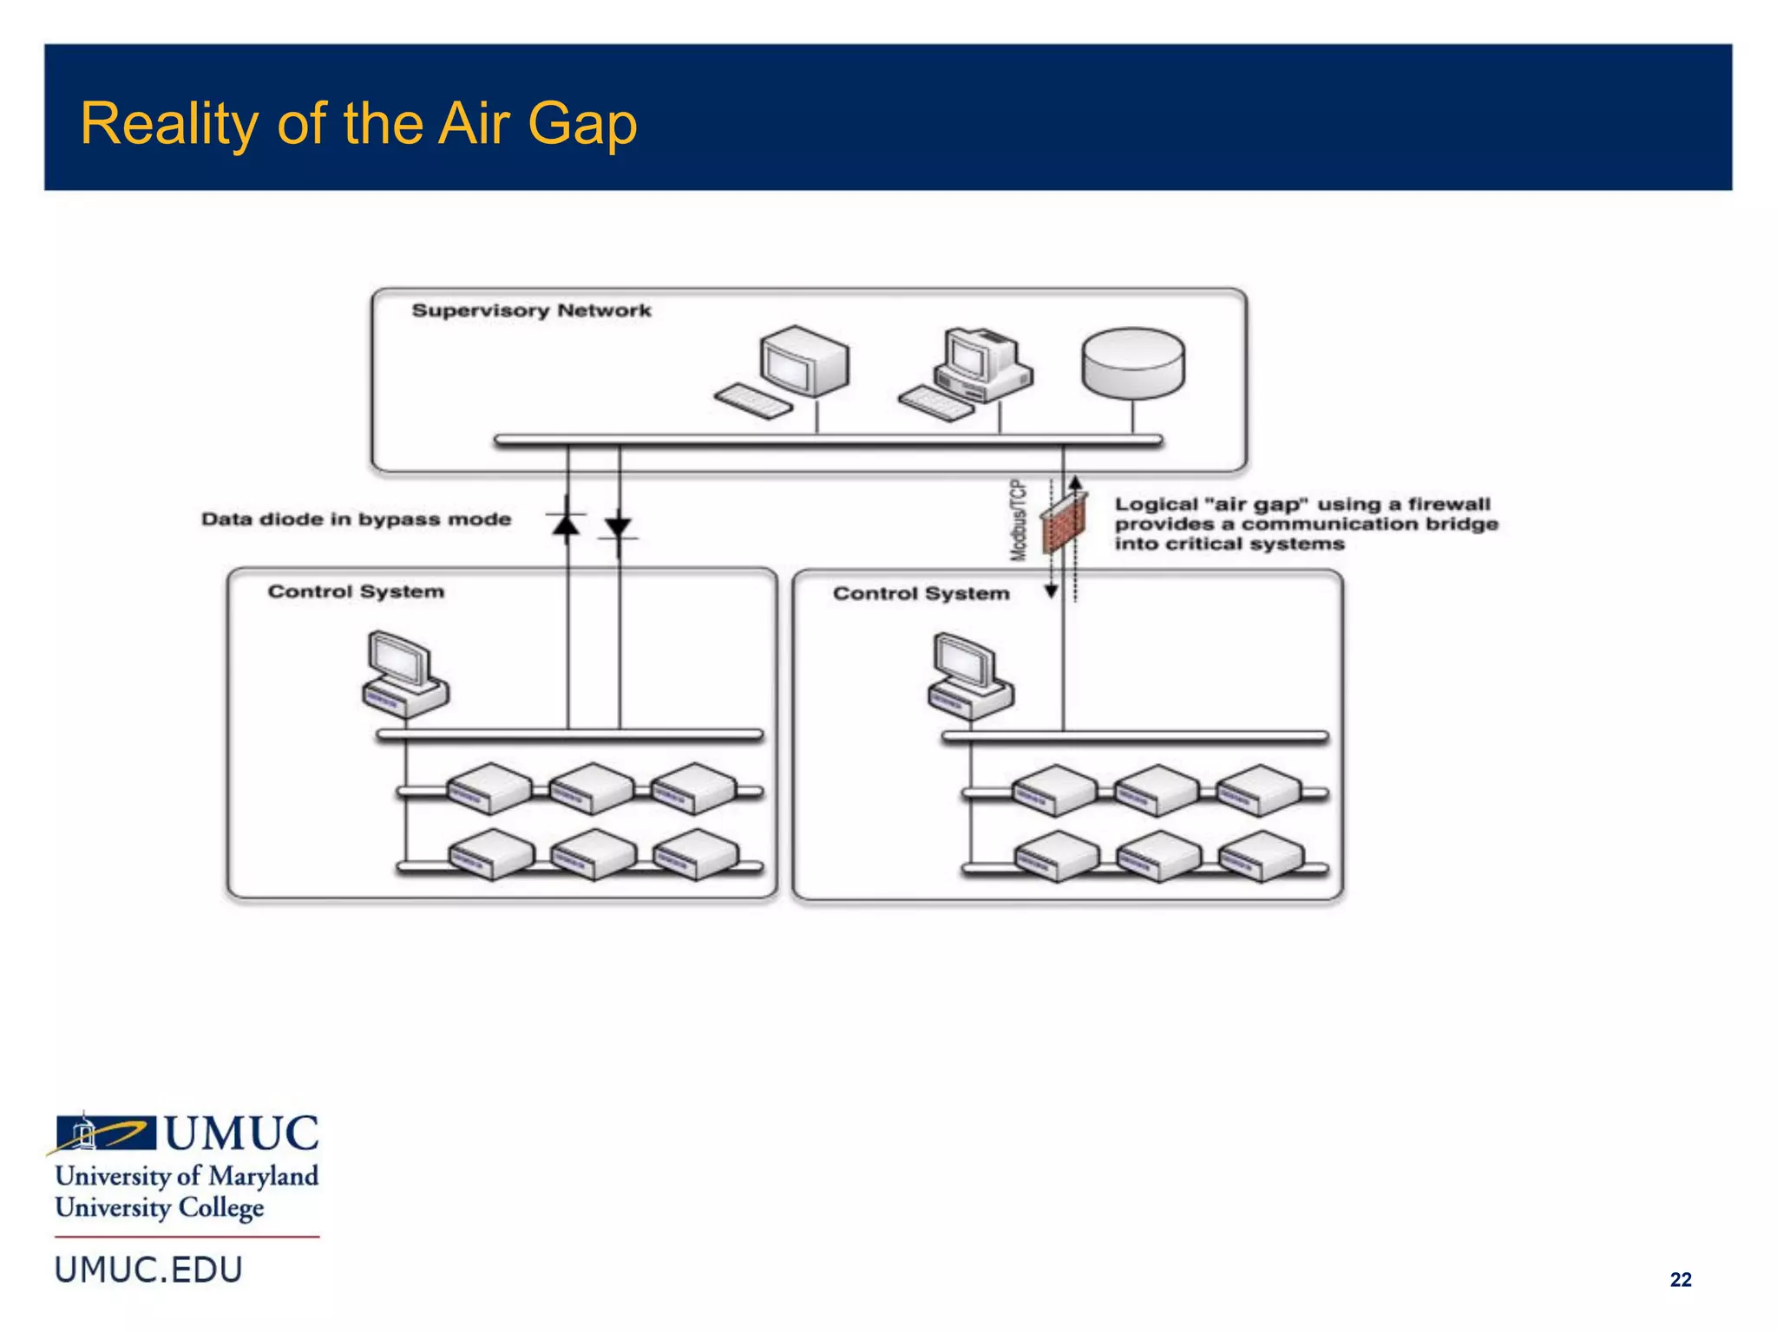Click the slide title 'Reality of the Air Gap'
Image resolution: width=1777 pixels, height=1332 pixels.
click(x=358, y=123)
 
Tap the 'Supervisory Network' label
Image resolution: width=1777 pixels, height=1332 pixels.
click(x=531, y=310)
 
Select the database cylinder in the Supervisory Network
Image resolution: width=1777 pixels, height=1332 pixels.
click(x=1132, y=363)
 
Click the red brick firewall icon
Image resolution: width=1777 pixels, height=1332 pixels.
click(x=1064, y=522)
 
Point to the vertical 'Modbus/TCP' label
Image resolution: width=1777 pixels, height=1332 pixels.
click(x=1019, y=520)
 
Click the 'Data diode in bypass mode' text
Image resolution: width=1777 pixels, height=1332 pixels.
click(x=356, y=519)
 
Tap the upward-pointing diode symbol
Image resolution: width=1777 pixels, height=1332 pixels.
click(x=567, y=523)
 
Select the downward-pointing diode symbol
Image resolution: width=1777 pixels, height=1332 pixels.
click(x=619, y=527)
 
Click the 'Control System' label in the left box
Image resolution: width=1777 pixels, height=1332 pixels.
click(x=356, y=591)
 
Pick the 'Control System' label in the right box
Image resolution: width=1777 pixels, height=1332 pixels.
click(x=921, y=593)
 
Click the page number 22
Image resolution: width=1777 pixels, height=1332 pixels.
click(x=1680, y=1280)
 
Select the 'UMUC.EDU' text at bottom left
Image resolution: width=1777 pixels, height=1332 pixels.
click(x=148, y=1270)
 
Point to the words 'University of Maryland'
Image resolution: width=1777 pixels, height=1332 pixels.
click(x=187, y=1176)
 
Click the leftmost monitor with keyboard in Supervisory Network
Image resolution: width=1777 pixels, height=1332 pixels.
click(x=784, y=371)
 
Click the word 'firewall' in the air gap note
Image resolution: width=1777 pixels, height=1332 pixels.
click(x=1448, y=504)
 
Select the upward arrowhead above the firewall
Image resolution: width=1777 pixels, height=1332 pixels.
click(x=1075, y=482)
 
